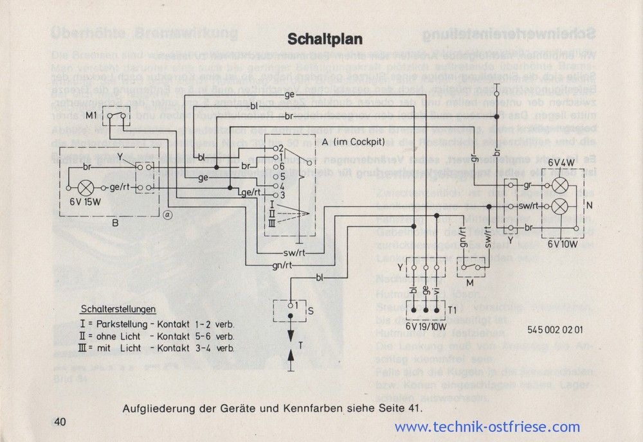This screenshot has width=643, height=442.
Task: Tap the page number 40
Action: [x=60, y=421]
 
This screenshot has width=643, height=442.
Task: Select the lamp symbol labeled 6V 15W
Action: [x=86, y=188]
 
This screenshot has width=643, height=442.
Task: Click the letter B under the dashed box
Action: [x=114, y=223]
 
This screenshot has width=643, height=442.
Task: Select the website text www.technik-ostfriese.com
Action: [x=487, y=427]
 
